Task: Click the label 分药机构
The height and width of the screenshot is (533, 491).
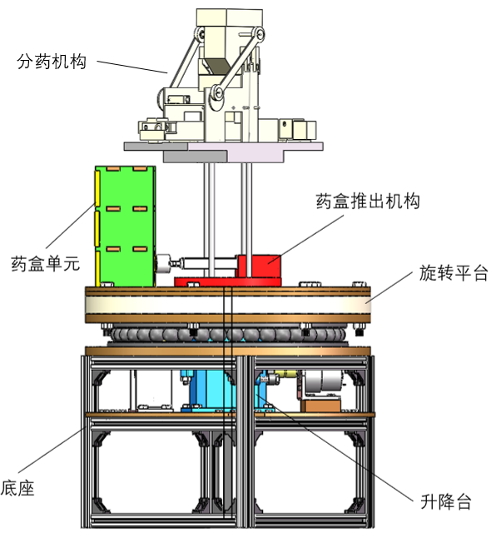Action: click(52, 62)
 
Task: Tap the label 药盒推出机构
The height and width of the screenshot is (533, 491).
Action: click(368, 202)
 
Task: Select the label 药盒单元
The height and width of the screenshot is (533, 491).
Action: click(46, 263)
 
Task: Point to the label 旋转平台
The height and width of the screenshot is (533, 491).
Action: click(454, 272)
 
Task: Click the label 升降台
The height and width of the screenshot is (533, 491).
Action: click(446, 501)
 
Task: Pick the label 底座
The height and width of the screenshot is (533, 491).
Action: click(17, 488)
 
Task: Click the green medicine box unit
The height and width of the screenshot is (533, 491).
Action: click(125, 227)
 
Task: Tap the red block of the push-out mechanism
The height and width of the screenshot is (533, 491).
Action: click(259, 266)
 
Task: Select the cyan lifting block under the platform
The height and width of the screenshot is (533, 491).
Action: click(211, 391)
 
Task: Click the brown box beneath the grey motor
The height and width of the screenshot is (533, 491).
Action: click(320, 406)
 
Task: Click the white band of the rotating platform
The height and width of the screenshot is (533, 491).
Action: click(228, 305)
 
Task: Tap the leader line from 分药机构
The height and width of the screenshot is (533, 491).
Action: click(132, 67)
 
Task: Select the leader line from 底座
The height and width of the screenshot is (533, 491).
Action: click(52, 450)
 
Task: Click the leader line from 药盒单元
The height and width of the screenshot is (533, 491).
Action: click(71, 226)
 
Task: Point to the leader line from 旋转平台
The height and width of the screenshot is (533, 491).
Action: click(389, 286)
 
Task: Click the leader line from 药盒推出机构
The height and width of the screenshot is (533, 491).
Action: click(306, 239)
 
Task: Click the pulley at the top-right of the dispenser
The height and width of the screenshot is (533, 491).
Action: click(259, 34)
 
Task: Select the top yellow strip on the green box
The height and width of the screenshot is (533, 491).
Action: click(97, 188)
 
